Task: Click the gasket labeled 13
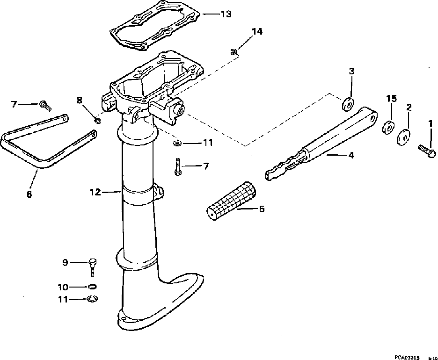[154, 28]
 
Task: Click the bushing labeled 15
[387, 127]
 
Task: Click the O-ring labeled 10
[92, 287]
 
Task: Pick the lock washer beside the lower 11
[93, 299]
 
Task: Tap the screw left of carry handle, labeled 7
[45, 105]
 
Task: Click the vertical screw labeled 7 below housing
[178, 167]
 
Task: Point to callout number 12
[95, 192]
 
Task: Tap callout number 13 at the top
[226, 14]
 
